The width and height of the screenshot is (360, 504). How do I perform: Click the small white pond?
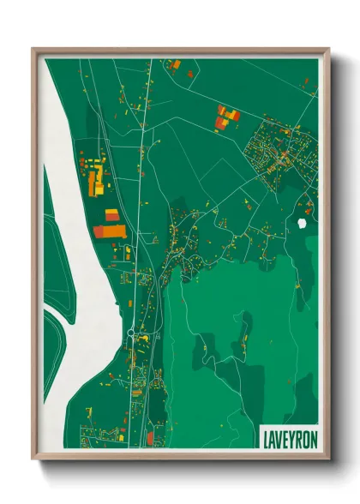point(302,224)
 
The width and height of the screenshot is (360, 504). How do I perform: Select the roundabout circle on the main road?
point(130,332)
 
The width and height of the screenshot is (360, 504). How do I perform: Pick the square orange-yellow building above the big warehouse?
point(111,214)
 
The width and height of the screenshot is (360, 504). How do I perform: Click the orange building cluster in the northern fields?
point(226,117)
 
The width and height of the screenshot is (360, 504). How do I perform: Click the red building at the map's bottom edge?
point(149,438)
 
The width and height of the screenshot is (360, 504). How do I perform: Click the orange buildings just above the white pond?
point(308,207)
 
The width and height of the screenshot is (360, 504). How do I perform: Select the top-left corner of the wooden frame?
point(33,50)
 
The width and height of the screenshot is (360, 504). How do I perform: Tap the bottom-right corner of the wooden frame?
point(327,460)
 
